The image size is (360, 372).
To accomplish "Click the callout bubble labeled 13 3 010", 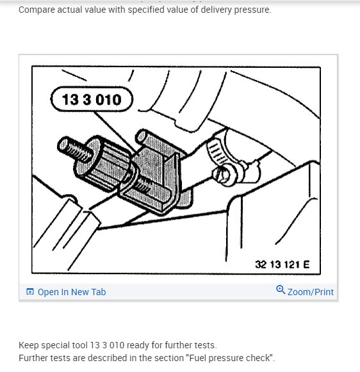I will pyautogui.click(x=90, y=100).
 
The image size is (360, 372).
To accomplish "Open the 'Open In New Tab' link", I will pyautogui.click(x=71, y=292).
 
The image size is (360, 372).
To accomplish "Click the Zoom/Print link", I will pyautogui.click(x=310, y=292).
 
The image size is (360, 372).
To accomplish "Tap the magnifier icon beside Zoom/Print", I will pyautogui.click(x=280, y=291).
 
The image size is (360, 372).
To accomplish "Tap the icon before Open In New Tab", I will pyautogui.click(x=29, y=292).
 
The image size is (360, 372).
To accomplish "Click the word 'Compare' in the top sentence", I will pyautogui.click(x=37, y=10).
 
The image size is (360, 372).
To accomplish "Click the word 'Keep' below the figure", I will pyautogui.click(x=28, y=345).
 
